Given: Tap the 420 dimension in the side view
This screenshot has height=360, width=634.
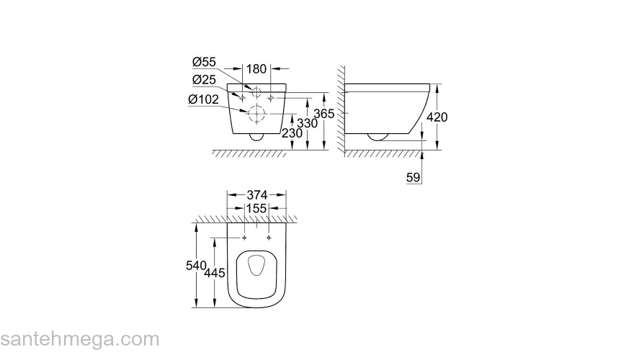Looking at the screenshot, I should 439,117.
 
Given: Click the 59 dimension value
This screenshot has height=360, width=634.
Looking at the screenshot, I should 414,177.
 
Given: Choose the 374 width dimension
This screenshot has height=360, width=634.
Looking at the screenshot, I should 257,194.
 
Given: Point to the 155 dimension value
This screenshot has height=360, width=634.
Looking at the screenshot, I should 257,208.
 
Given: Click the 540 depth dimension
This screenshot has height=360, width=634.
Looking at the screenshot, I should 195,266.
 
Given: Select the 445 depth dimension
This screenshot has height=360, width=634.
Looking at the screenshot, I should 215,273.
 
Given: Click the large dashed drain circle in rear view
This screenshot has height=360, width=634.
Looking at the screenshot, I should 257,113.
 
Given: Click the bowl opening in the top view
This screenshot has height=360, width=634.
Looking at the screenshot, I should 257,268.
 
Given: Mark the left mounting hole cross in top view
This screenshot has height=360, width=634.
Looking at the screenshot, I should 244,237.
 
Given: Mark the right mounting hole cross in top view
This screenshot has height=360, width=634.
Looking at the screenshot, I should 269,237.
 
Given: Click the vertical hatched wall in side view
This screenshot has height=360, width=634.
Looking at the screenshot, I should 341,108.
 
